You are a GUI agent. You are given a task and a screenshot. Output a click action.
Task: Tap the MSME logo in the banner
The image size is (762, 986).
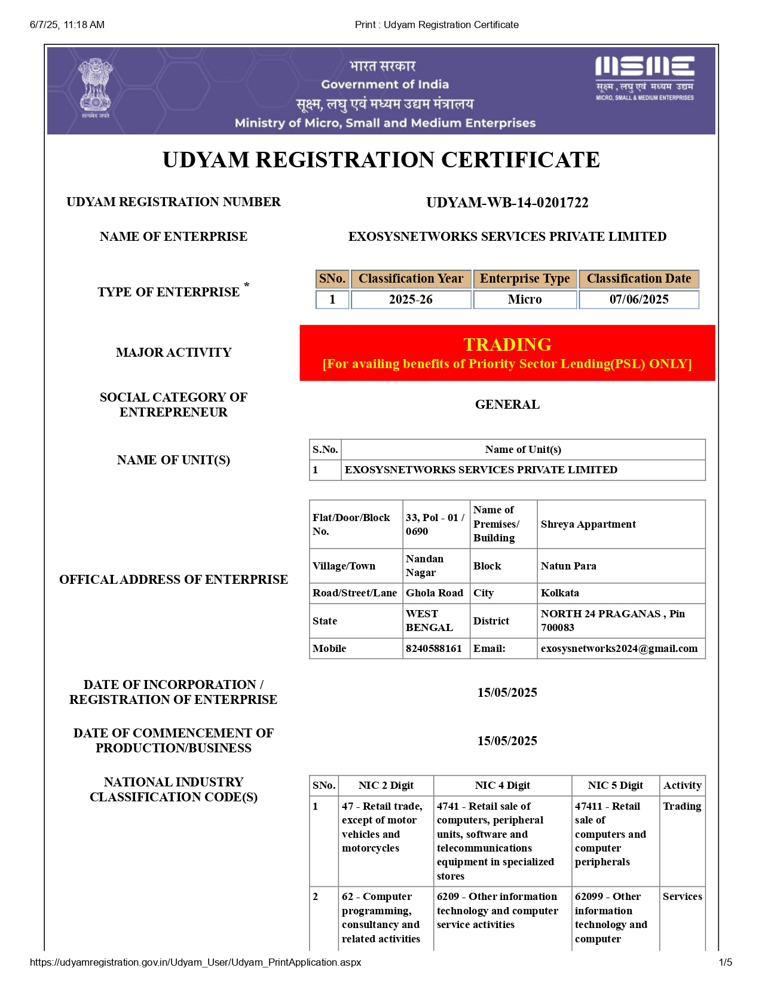[x=644, y=78]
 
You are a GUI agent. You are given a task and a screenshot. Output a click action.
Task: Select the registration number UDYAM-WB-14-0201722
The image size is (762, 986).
[x=507, y=203]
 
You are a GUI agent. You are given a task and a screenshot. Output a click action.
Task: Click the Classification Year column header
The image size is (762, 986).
[x=411, y=278]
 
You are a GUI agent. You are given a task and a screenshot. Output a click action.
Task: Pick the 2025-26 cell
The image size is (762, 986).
[x=411, y=299]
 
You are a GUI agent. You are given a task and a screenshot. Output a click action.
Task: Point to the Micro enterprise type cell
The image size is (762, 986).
[x=525, y=299]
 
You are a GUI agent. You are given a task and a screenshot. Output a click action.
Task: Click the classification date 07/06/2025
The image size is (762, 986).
[x=639, y=299]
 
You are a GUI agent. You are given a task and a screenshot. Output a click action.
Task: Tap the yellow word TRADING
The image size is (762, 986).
[x=507, y=344]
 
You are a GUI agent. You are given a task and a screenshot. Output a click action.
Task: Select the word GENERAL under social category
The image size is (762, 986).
[x=507, y=405]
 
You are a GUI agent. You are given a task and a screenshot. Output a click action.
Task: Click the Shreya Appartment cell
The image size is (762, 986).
[x=588, y=524]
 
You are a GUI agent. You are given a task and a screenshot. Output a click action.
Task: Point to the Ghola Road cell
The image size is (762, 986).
[x=434, y=593]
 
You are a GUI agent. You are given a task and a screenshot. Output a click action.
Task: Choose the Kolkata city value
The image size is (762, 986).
[x=560, y=593]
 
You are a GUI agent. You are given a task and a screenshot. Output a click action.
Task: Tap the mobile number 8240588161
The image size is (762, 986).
[x=434, y=648]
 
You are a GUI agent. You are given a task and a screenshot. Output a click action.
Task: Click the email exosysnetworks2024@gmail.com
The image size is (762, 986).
[x=619, y=648]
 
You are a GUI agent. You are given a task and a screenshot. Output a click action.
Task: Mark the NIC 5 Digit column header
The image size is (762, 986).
[x=616, y=785]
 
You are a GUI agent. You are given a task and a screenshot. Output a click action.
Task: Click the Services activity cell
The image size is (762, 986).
[x=682, y=896]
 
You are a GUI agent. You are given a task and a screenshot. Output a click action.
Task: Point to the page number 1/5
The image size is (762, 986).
[x=725, y=962]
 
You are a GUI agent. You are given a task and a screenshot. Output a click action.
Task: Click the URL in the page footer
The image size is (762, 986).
[x=195, y=962]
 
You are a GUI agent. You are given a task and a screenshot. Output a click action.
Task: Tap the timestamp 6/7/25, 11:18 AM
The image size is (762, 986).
[x=67, y=25]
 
